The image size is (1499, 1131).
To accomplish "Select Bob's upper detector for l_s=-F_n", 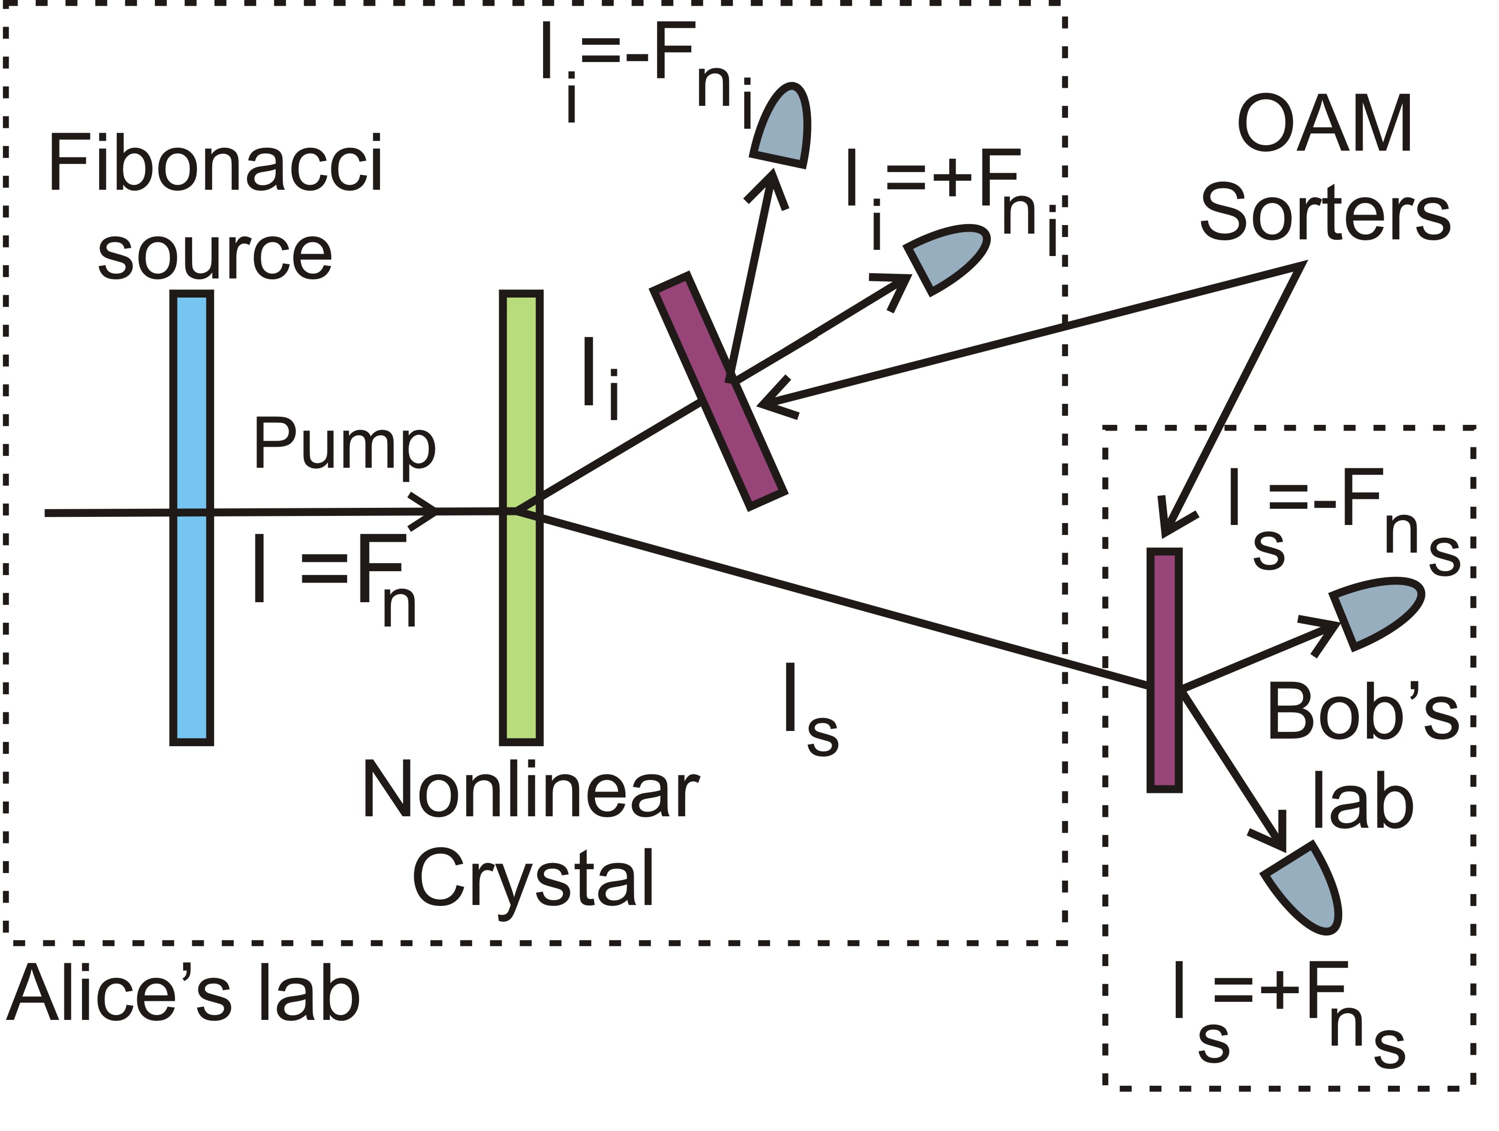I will [1376, 610].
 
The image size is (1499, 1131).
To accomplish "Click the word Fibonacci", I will [216, 164].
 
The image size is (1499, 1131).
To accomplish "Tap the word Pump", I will [344, 446].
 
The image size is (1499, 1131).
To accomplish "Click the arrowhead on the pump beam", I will [426, 512].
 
